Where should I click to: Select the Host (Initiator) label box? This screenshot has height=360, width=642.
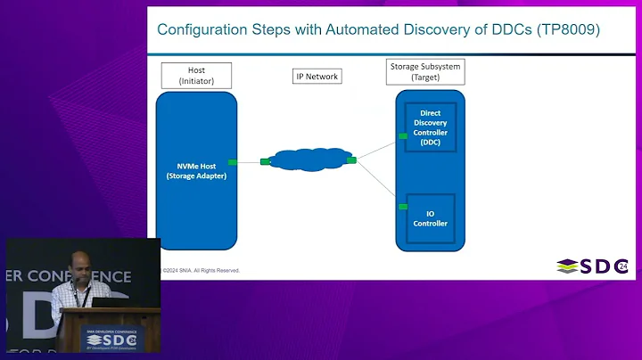196,75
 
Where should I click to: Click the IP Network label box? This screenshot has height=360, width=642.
317,77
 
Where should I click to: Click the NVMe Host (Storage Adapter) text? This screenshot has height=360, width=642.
196,169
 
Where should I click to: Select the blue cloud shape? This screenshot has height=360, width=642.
309,160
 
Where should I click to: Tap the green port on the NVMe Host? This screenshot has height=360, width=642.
233,161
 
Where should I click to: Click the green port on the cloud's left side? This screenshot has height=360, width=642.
265,161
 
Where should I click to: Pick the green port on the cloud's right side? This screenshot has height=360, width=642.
351,160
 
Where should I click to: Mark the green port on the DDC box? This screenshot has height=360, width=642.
403,136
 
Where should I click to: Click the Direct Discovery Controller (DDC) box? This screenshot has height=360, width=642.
430,127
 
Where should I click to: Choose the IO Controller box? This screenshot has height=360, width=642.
430,218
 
